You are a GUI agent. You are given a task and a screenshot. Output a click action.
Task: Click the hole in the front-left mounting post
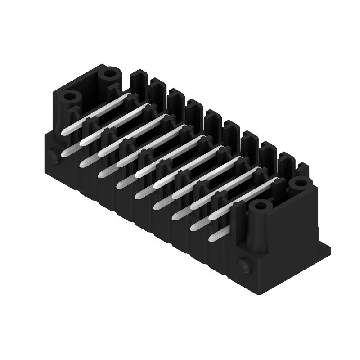tap(70, 96)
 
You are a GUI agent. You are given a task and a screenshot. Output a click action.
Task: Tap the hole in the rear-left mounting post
tap(109, 73)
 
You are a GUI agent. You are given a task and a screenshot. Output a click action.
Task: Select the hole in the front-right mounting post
tap(260, 206)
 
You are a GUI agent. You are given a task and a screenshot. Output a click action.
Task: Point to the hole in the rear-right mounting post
tap(297, 183)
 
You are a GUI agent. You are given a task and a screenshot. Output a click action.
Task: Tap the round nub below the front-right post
tap(244, 265)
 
